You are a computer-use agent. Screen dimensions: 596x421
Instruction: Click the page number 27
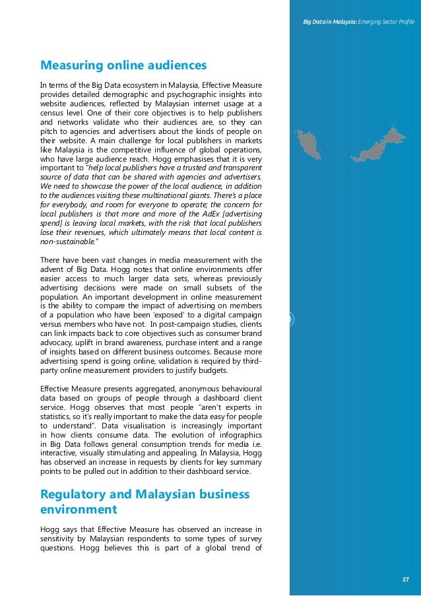click(x=406, y=579)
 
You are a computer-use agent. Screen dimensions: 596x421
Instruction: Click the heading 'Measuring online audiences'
click(x=123, y=65)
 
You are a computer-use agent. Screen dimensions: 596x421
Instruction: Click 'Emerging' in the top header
click(x=371, y=23)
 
